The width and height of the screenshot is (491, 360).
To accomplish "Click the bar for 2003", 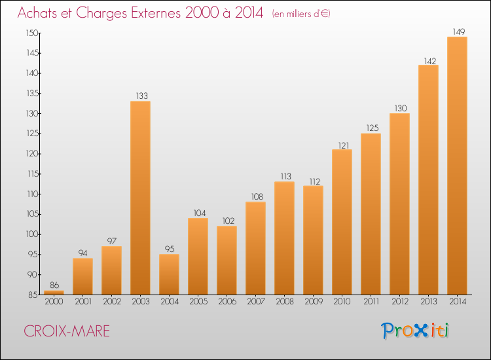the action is (x=140, y=198).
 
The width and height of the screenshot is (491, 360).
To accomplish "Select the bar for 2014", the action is (x=457, y=166).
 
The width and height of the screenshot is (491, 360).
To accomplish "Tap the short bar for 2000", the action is (x=54, y=293).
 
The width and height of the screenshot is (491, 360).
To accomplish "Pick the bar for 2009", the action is (x=313, y=240).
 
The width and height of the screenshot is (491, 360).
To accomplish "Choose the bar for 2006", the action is (x=227, y=260).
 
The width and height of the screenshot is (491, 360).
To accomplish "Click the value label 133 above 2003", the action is (x=142, y=96).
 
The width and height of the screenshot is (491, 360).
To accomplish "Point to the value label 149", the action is (x=459, y=31).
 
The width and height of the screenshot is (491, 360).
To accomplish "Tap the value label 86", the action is (x=54, y=285).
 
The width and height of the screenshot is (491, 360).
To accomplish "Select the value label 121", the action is (x=344, y=145).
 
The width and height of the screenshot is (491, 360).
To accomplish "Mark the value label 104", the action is (x=200, y=213).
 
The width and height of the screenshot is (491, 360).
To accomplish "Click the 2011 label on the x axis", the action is (x=371, y=302).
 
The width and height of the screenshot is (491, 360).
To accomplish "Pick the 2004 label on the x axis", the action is (x=170, y=302).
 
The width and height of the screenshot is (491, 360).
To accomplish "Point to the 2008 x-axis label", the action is (x=285, y=302).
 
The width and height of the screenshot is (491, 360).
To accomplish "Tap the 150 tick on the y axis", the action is (x=32, y=33).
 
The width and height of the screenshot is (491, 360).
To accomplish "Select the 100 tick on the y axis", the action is (x=32, y=234).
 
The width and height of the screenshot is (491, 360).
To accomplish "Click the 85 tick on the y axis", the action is (x=33, y=295).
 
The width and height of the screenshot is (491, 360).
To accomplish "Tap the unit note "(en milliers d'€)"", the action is (x=301, y=14).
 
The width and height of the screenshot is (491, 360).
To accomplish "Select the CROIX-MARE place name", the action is (x=67, y=331).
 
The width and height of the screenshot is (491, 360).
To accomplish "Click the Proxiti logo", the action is (x=415, y=331).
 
